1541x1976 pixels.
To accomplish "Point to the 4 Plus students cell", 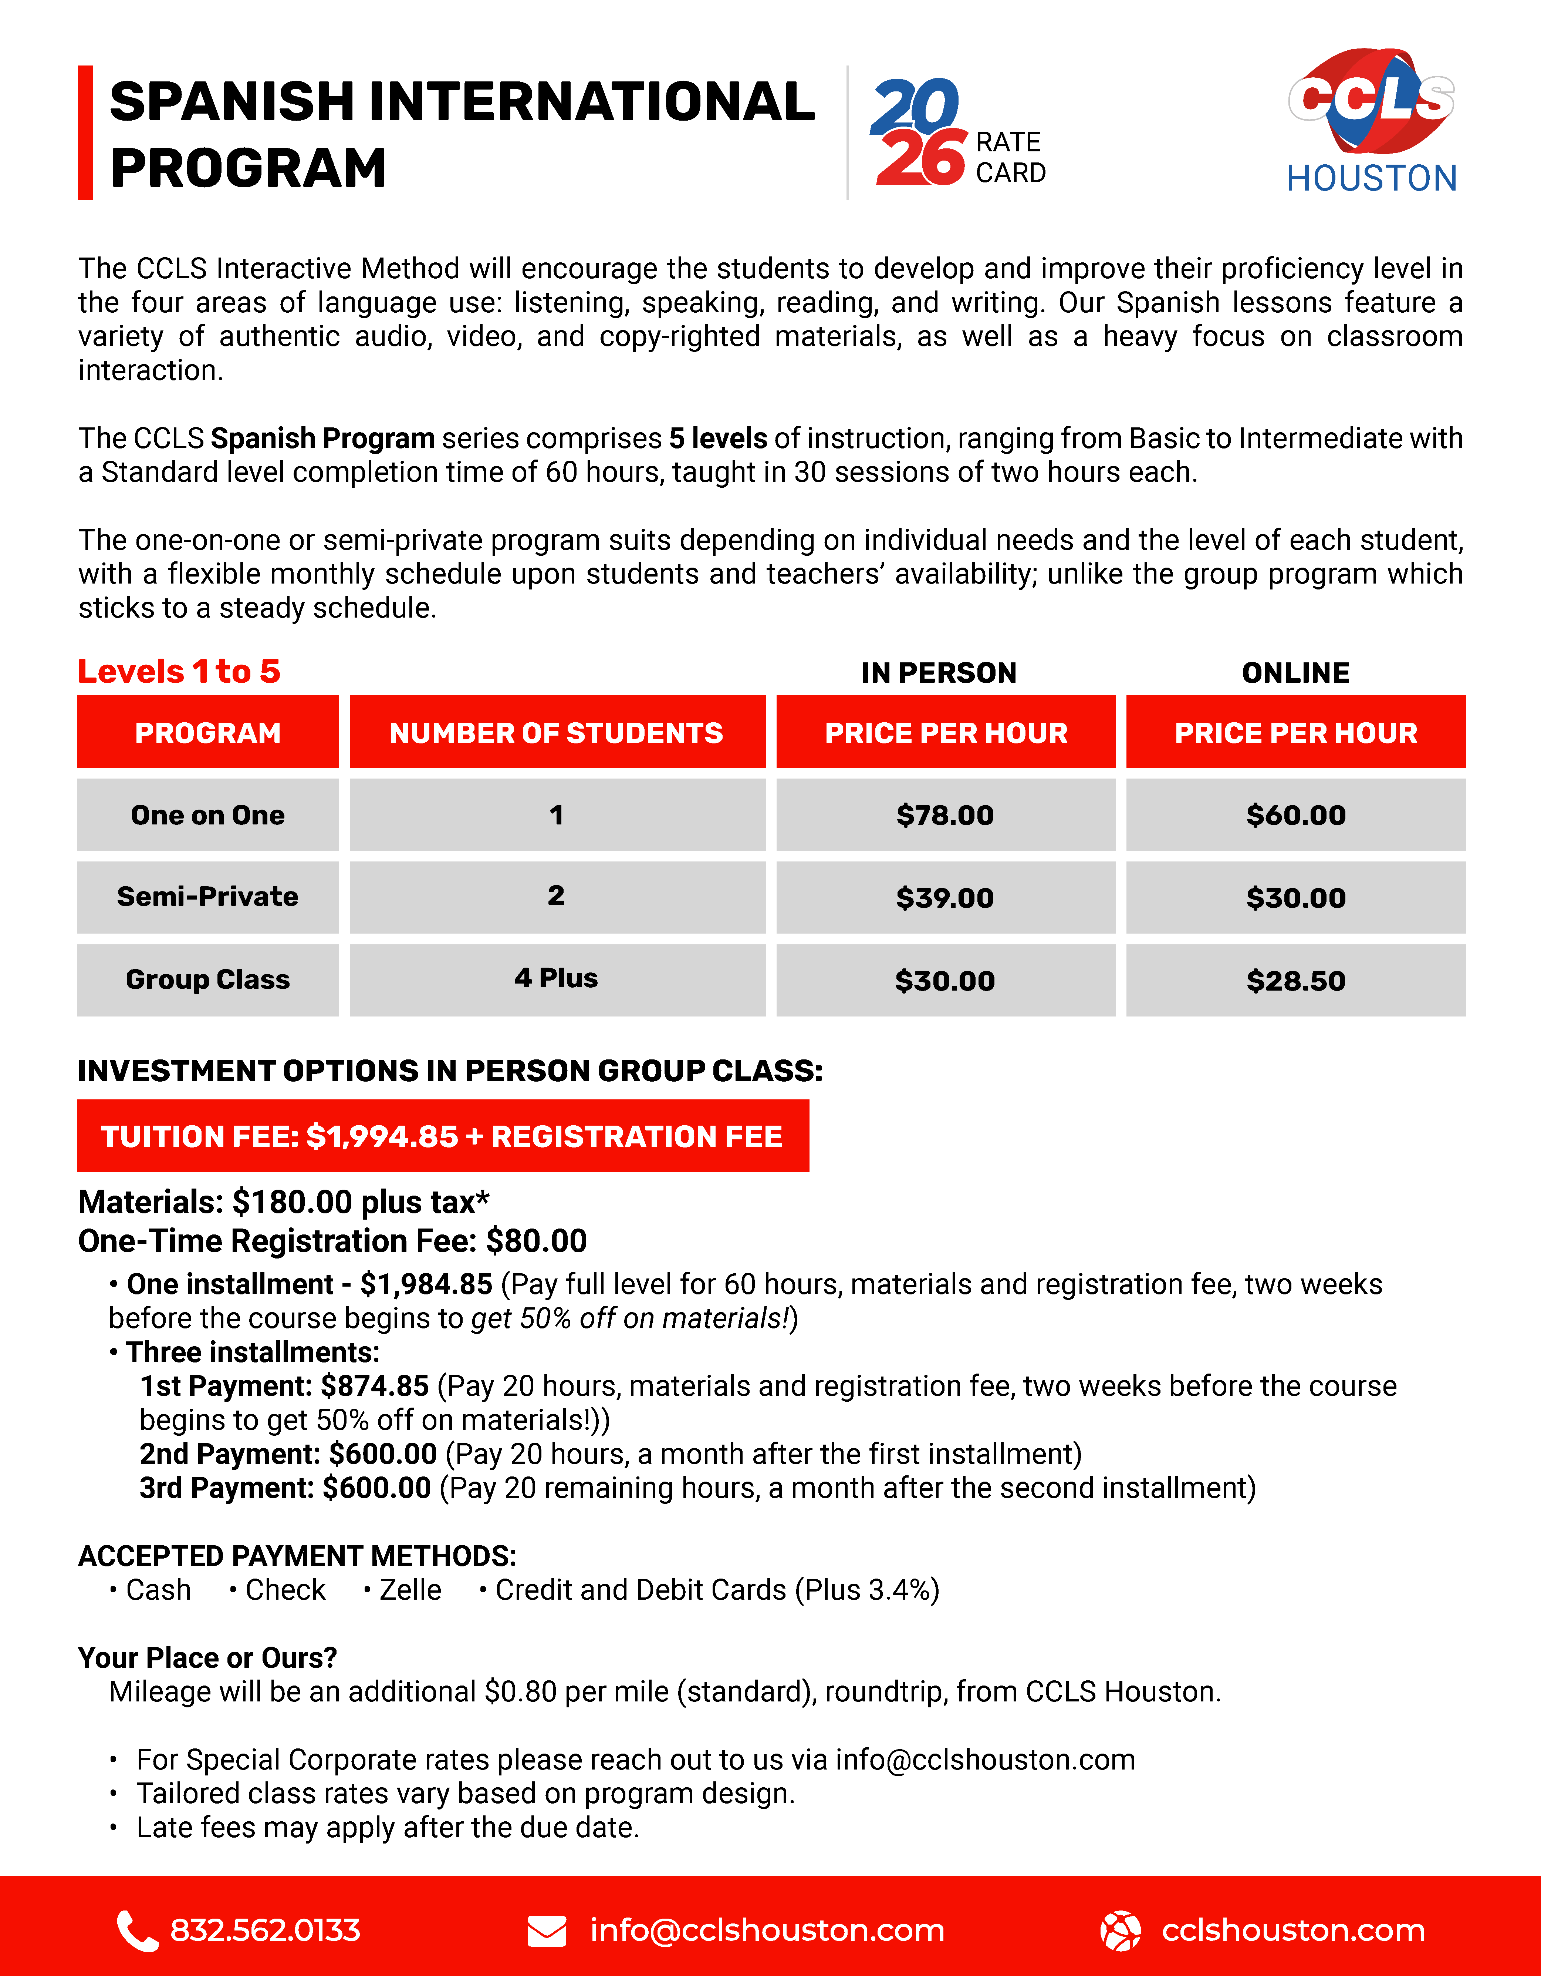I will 556,979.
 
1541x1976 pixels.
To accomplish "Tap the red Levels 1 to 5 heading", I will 179,671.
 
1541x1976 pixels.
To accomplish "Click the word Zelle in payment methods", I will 410,1590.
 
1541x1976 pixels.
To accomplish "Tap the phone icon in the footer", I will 136,1931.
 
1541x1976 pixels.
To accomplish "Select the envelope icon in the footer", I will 546,1931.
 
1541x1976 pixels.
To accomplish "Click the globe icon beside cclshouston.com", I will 1119,1931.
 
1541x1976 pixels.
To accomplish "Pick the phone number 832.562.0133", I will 265,1931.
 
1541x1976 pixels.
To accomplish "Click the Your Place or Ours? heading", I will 207,1657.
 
